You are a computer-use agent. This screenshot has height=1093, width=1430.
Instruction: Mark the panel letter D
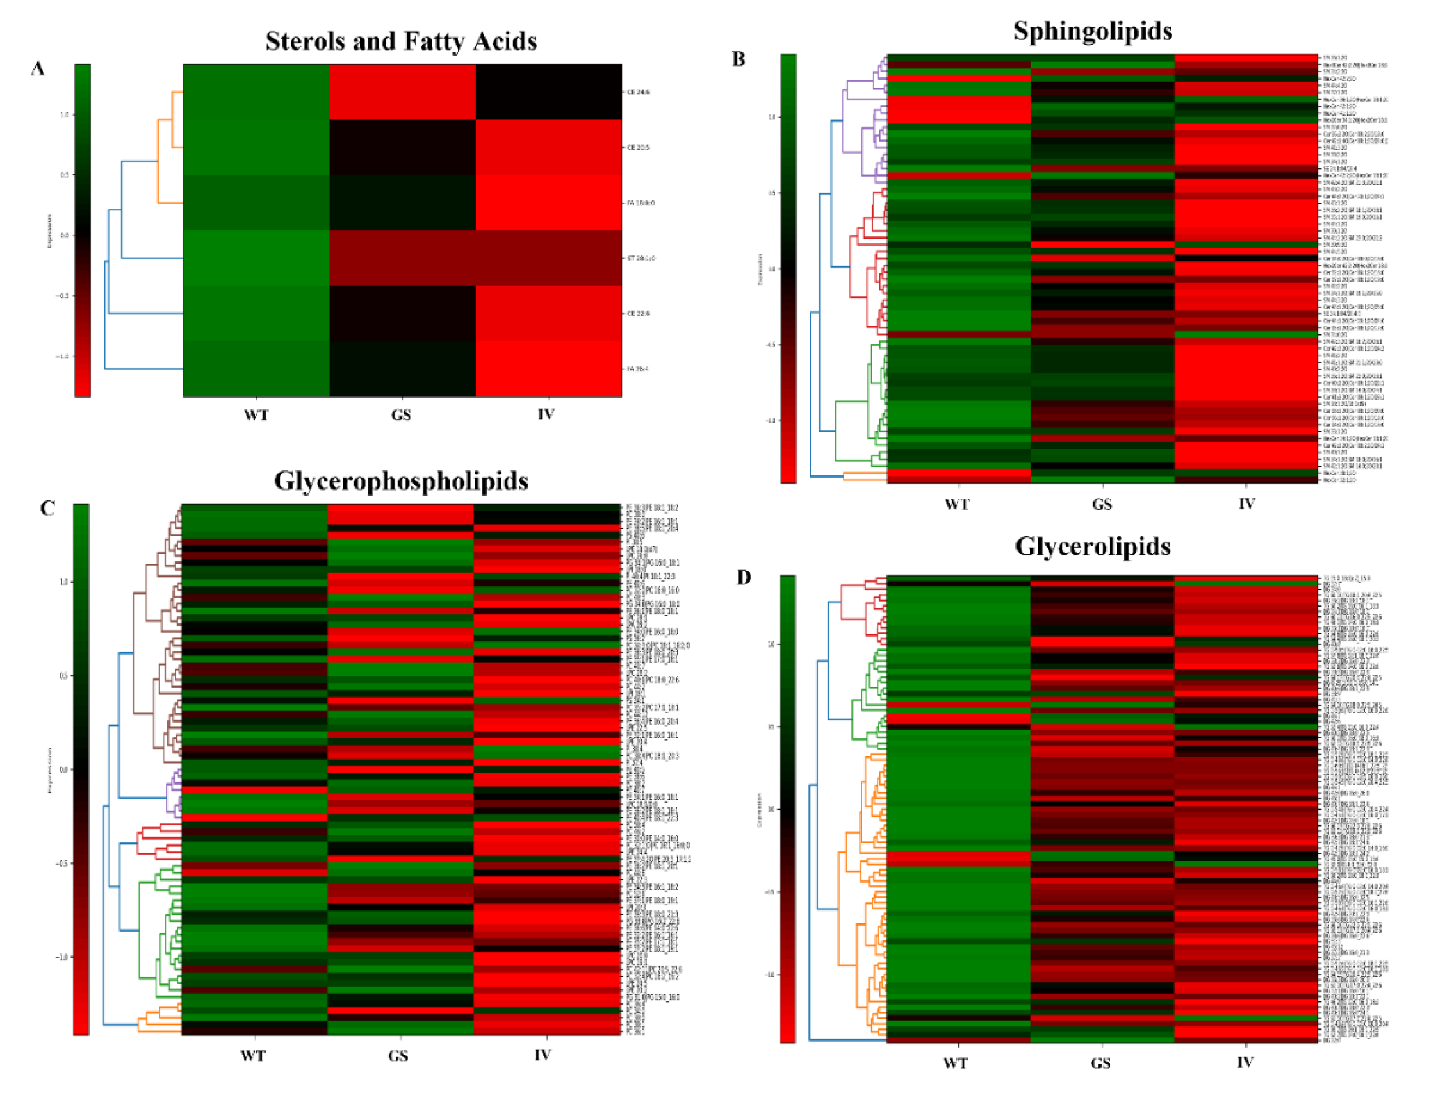click(x=743, y=577)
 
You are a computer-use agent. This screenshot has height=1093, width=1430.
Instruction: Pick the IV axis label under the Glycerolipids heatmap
click(x=1244, y=1062)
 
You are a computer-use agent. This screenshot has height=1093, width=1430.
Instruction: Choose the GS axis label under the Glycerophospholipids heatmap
click(x=398, y=1055)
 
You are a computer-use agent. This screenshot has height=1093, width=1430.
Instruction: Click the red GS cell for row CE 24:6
click(x=402, y=92)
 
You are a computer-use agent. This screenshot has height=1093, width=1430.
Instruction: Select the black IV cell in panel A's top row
click(x=548, y=92)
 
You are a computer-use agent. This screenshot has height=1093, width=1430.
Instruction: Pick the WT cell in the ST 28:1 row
click(x=256, y=258)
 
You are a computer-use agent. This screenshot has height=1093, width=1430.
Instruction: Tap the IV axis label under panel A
click(x=546, y=414)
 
